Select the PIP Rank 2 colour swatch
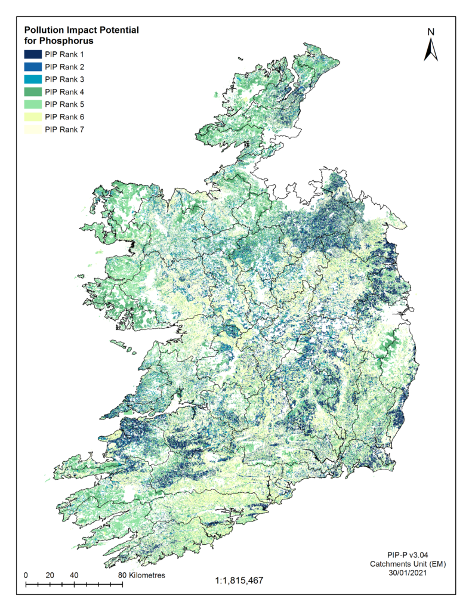(x=32, y=67)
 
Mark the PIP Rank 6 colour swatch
(x=32, y=116)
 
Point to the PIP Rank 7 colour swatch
(x=32, y=129)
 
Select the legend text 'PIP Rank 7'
(x=64, y=129)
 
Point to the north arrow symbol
(x=431, y=50)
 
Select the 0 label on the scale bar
(x=26, y=575)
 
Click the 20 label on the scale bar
(x=50, y=575)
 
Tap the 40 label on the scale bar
(x=74, y=575)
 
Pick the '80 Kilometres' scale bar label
(x=141, y=575)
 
